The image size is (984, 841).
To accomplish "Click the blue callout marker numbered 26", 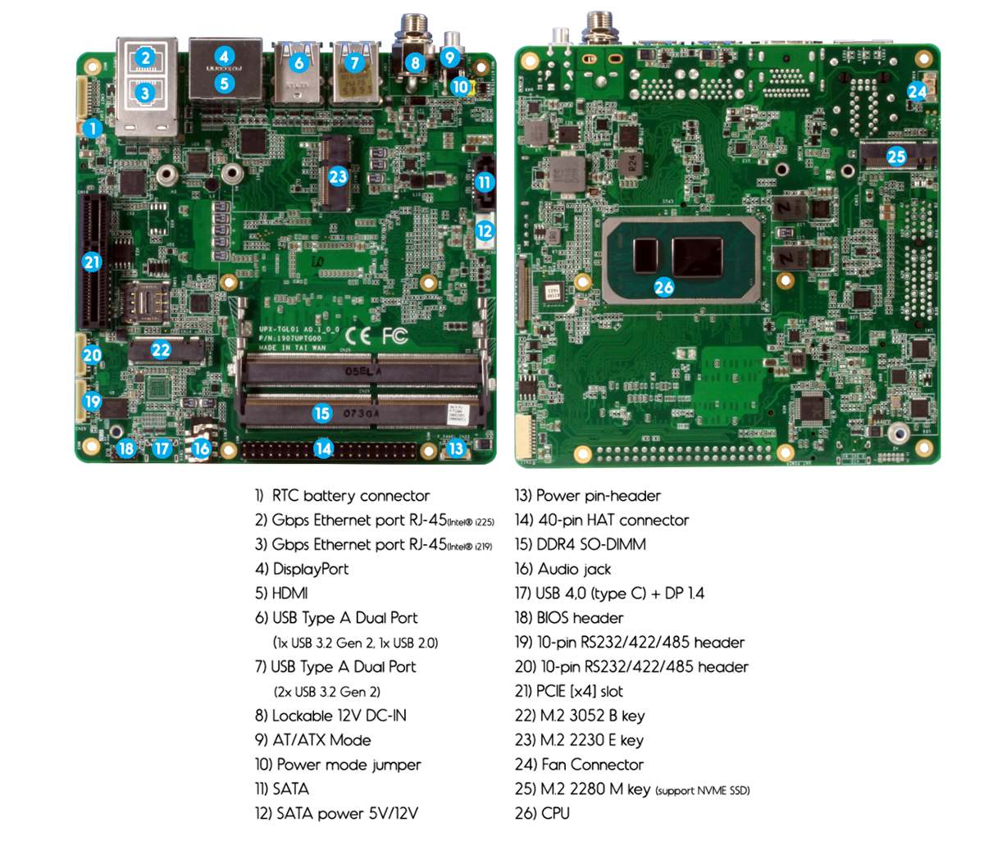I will pos(664,286).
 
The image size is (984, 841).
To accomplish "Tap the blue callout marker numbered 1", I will pos(93,128).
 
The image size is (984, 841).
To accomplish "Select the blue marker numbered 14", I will pos(324,448).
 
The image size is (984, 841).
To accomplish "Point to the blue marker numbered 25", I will pos(896,156).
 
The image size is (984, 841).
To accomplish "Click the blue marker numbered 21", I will pos(92,262).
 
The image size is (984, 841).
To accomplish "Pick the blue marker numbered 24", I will pos(918,91).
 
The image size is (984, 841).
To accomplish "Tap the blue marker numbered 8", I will pos(415,62).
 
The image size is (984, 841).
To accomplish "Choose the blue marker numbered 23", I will pos(338,175).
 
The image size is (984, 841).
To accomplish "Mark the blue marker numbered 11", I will pos(485,182).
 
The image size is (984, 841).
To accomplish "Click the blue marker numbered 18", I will pos(125,448).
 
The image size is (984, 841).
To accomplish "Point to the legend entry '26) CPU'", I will pos(542,813).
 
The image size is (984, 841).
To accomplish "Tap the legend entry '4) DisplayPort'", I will pos(302,568).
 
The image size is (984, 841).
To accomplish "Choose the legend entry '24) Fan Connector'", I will pos(579,764).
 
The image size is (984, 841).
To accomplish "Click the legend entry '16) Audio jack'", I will pos(563,568).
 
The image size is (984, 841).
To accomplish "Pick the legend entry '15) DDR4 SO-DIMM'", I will pos(580,543).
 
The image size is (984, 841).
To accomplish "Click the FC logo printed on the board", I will pos(394,335).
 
